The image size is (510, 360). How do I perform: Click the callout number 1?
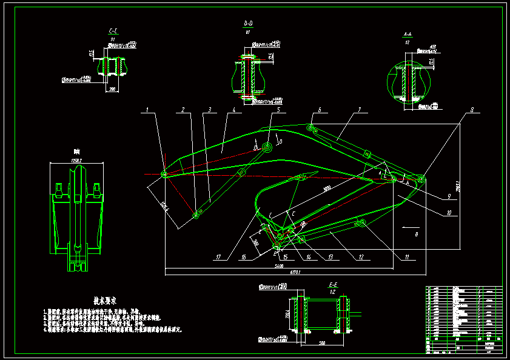tap(147, 110)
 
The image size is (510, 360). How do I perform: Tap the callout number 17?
tap(218, 257)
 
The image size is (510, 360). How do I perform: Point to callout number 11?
tap(407, 257)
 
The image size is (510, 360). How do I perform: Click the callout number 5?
tap(278, 110)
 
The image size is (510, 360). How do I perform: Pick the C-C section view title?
tap(113, 30)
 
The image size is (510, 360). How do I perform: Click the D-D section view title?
tap(247, 23)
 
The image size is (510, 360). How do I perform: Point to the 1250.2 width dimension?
tap(76, 159)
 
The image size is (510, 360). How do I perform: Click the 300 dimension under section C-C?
tap(112, 88)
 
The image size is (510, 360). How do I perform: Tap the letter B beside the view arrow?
tap(417, 233)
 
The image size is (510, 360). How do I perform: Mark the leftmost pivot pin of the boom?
tap(164, 175)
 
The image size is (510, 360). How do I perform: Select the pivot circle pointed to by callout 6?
tap(310, 128)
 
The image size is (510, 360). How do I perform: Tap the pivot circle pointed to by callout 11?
tap(361, 224)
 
